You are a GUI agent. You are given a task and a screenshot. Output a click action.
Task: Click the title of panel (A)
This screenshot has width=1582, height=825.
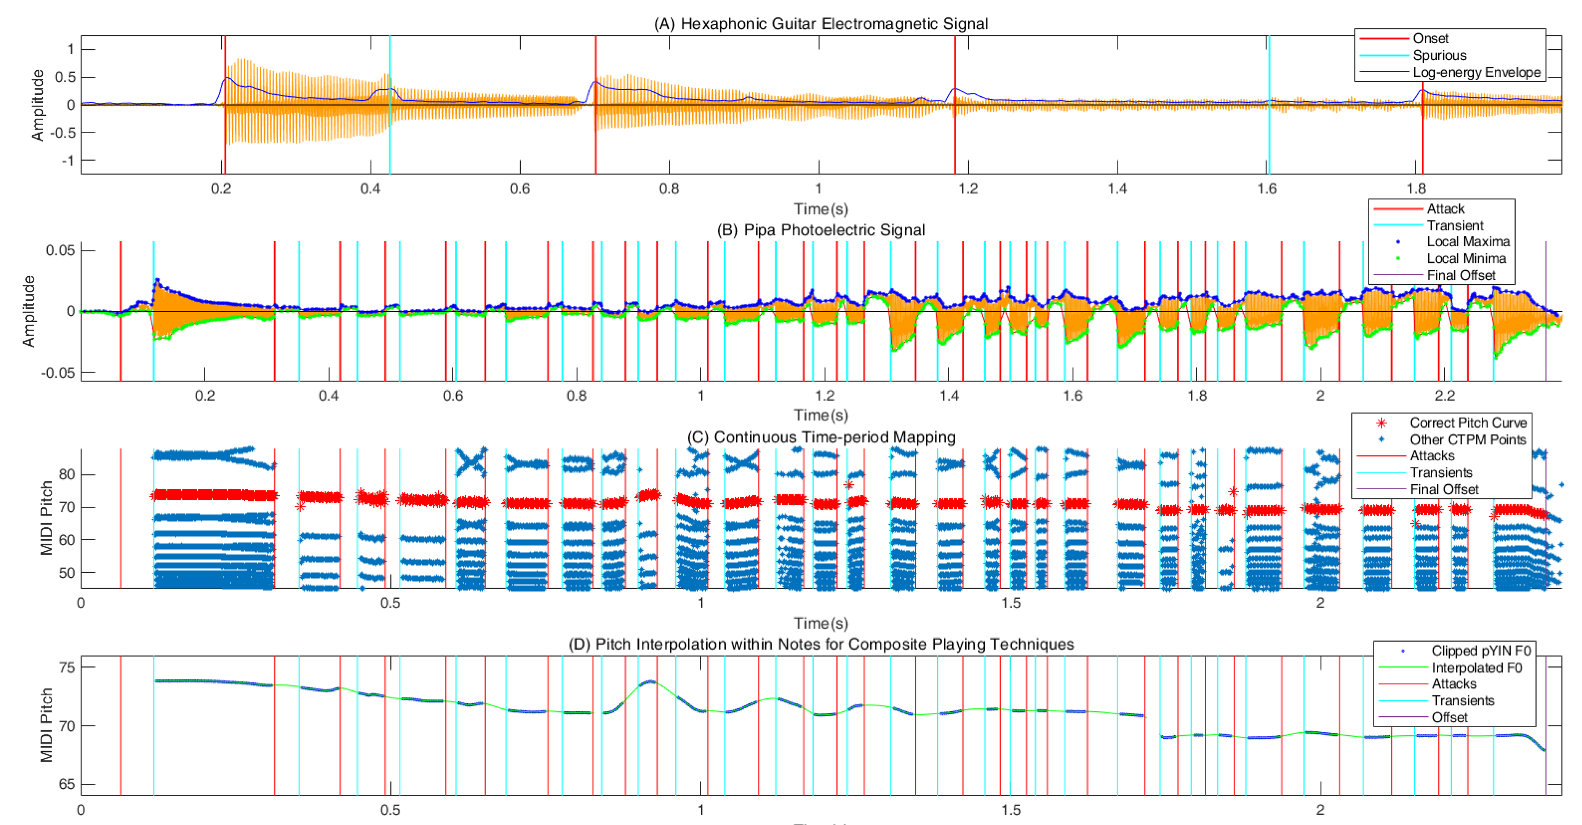821,23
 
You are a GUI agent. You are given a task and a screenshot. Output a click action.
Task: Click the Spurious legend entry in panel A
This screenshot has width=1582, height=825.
1439,55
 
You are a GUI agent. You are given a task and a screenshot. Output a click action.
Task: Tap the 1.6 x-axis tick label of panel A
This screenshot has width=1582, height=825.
1267,188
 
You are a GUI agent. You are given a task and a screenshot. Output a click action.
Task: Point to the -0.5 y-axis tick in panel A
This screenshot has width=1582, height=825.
65,133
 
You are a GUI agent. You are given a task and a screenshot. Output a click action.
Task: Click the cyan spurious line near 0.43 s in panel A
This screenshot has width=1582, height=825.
390,104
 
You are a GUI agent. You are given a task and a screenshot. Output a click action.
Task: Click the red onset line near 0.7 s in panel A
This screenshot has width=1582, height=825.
595,104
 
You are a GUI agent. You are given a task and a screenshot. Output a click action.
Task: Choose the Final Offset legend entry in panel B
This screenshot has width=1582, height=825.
1460,275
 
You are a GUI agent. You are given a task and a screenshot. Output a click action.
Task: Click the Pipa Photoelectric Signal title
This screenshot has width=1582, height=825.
821,230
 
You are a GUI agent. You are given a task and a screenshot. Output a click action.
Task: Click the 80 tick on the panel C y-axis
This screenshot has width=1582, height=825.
66,474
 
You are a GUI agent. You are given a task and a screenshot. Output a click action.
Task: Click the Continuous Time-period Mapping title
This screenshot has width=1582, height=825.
821,437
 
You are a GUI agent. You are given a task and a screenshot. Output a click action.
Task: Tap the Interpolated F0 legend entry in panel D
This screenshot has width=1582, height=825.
1476,668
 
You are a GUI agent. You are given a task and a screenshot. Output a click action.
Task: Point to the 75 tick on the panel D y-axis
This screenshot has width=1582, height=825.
66,667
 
